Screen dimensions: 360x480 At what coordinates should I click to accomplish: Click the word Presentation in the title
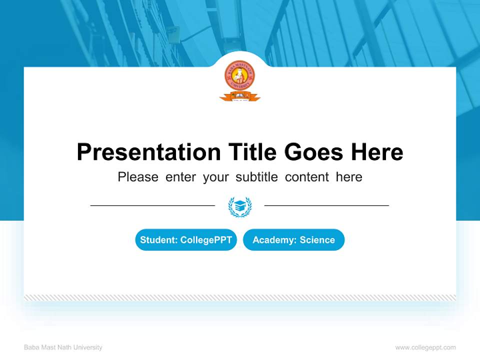148,152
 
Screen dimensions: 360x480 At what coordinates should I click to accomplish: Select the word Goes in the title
314,152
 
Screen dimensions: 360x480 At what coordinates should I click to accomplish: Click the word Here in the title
376,152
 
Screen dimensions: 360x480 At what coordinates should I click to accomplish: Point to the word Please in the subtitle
138,177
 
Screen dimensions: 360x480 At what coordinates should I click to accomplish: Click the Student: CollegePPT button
186,240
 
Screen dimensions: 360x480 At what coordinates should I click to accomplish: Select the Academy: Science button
293,240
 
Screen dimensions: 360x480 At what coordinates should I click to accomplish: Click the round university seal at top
239,76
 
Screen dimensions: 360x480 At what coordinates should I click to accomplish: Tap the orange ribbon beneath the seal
239,97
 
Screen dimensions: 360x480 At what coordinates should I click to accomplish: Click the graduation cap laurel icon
240,206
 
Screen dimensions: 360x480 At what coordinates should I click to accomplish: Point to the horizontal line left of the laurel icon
152,205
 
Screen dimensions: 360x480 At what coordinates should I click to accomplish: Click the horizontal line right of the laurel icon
326,205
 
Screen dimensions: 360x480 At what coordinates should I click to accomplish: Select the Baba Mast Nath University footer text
63,347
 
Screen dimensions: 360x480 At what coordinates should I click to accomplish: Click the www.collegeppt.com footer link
425,347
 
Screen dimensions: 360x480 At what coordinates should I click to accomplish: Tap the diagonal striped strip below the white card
240,297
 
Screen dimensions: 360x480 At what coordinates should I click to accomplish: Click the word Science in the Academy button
317,240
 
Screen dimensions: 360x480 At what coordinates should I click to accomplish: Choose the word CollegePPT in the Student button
206,240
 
